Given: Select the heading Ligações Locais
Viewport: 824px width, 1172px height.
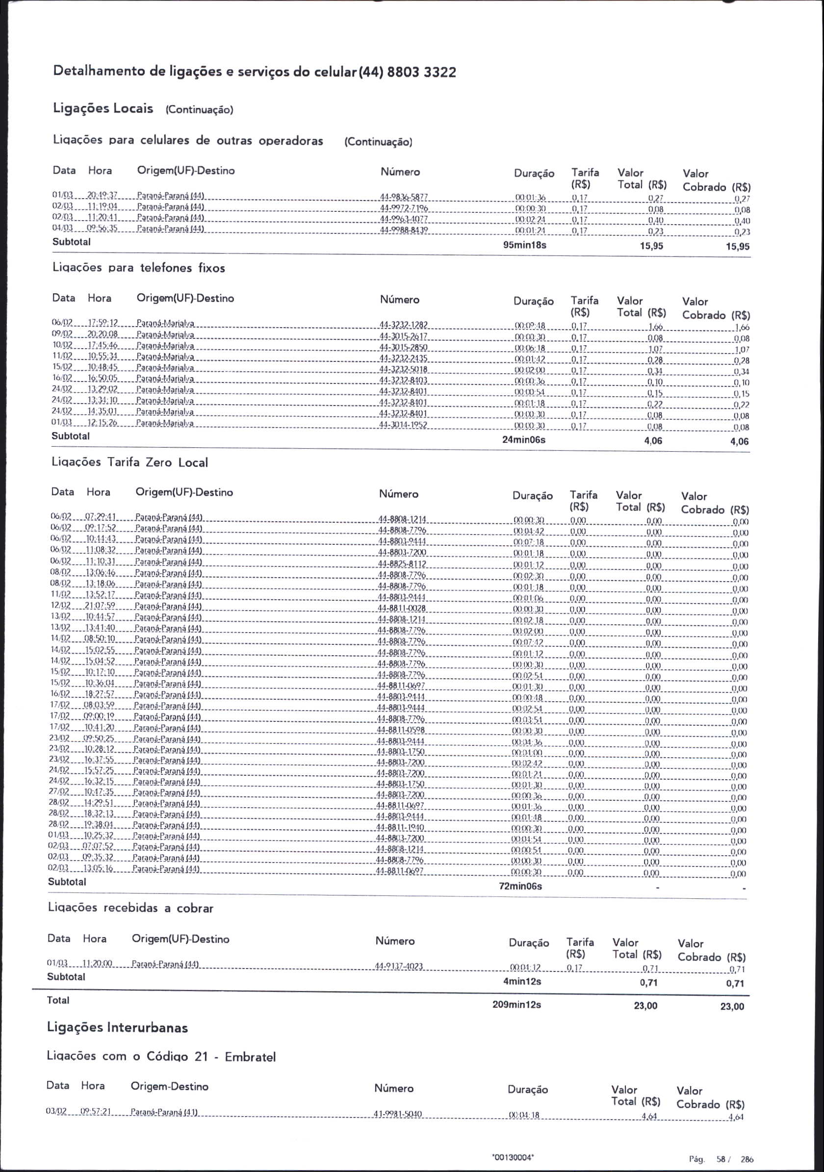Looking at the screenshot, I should coord(103,109).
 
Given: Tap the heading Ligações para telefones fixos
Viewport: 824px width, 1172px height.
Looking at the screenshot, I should coord(139,268).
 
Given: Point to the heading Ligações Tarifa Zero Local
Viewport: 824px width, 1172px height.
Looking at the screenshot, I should coord(129,462).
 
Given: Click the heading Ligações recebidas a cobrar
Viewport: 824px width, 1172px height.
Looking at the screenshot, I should coord(130,908).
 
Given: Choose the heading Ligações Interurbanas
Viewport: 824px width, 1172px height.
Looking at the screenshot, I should coord(117,1027).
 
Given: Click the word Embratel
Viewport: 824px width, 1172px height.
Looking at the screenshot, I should coord(250,1056).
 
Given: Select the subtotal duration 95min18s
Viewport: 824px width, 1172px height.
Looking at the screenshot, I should coord(525,245).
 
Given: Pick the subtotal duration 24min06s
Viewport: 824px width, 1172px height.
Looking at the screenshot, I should coord(524,439).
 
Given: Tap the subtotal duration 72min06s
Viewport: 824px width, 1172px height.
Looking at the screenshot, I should coord(520,886).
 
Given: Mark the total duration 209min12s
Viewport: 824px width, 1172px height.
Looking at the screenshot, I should coord(516,1004).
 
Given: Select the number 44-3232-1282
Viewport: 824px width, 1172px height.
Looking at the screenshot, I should coord(403,325).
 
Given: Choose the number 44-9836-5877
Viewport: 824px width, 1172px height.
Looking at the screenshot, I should coord(404,197).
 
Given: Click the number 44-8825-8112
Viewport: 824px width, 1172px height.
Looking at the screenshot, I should coord(402,564).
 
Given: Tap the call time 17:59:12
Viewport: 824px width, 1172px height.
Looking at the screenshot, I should coord(103,323).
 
